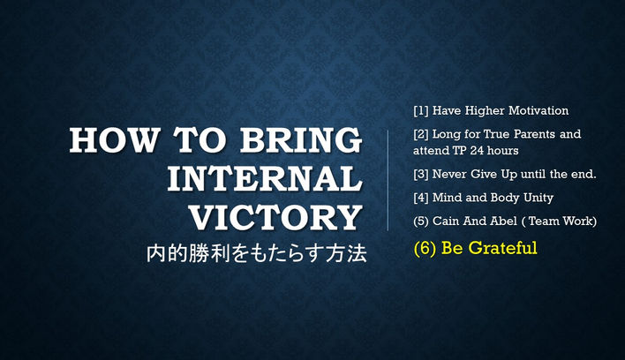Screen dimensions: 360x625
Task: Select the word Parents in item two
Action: pos(533,135)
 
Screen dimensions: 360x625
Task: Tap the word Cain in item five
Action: pos(448,221)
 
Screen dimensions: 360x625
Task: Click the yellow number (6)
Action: pos(425,249)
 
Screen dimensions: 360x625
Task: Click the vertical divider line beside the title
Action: pos(388,180)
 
